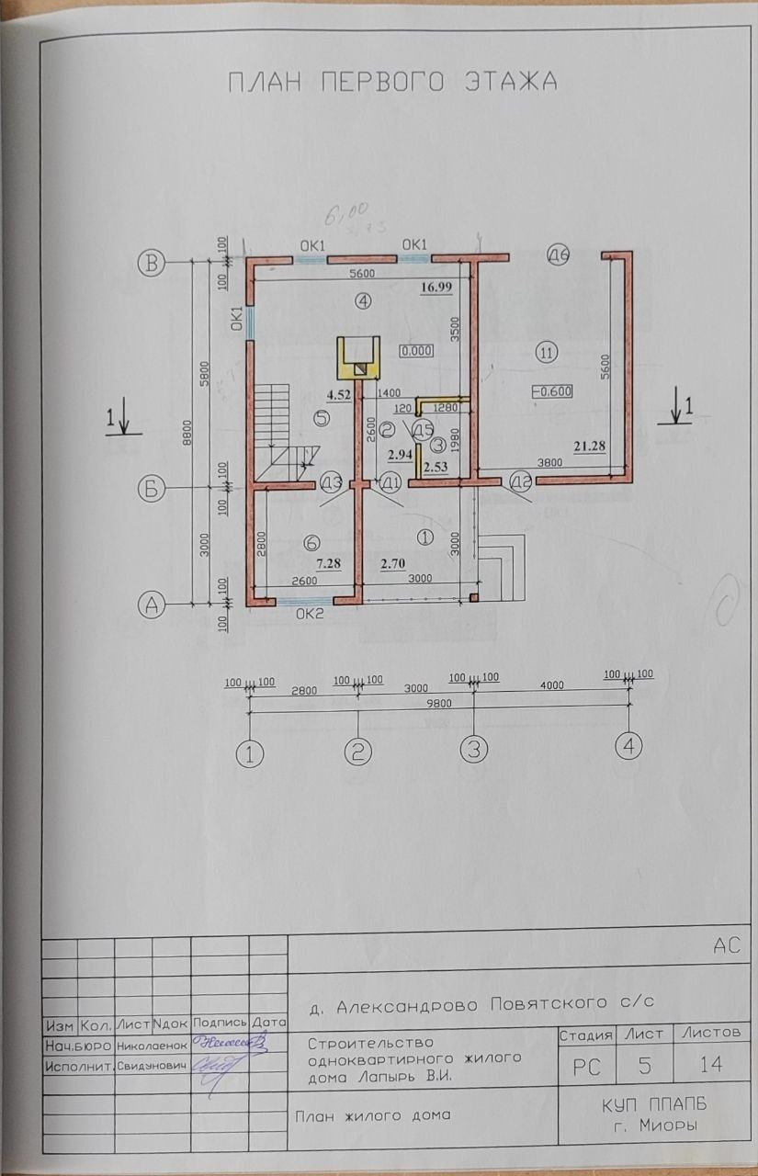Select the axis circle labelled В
tap(153, 263)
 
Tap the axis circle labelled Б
tap(153, 488)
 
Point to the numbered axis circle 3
tap(473, 749)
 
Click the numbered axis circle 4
tap(629, 746)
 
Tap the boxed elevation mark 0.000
tap(416, 351)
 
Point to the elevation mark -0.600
tap(552, 390)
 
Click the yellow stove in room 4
tap(357, 358)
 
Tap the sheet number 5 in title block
tap(644, 1066)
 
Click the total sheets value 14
tap(709, 1066)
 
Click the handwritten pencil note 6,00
tap(337, 217)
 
